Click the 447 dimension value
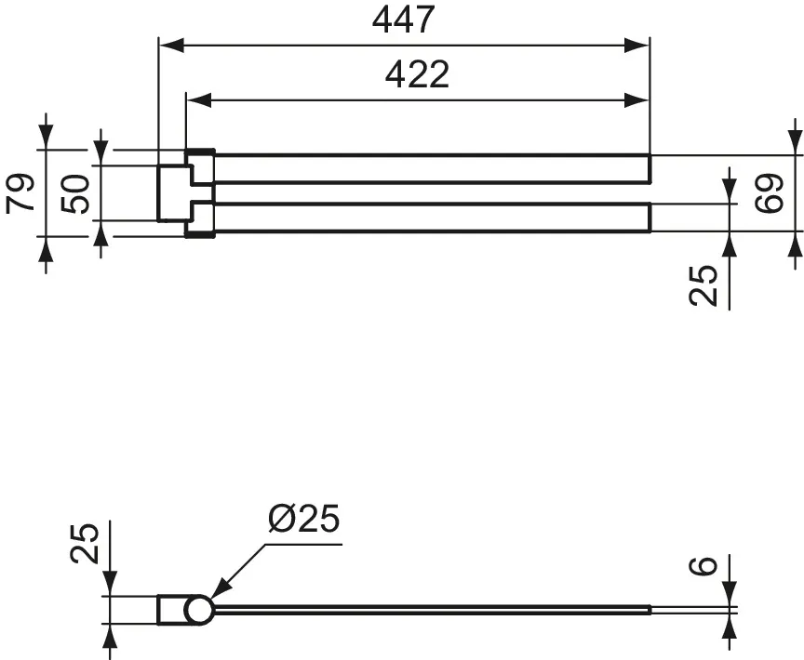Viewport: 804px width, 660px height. click(404, 20)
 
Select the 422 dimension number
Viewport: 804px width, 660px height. click(417, 74)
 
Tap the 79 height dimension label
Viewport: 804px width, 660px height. click(20, 193)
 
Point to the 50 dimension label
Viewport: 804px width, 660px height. click(74, 193)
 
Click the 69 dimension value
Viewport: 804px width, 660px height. click(770, 193)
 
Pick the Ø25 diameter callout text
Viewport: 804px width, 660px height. click(303, 518)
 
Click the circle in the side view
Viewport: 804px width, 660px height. click(198, 610)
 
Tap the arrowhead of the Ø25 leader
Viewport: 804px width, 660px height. click(219, 589)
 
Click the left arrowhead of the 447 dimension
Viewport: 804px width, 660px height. click(171, 46)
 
